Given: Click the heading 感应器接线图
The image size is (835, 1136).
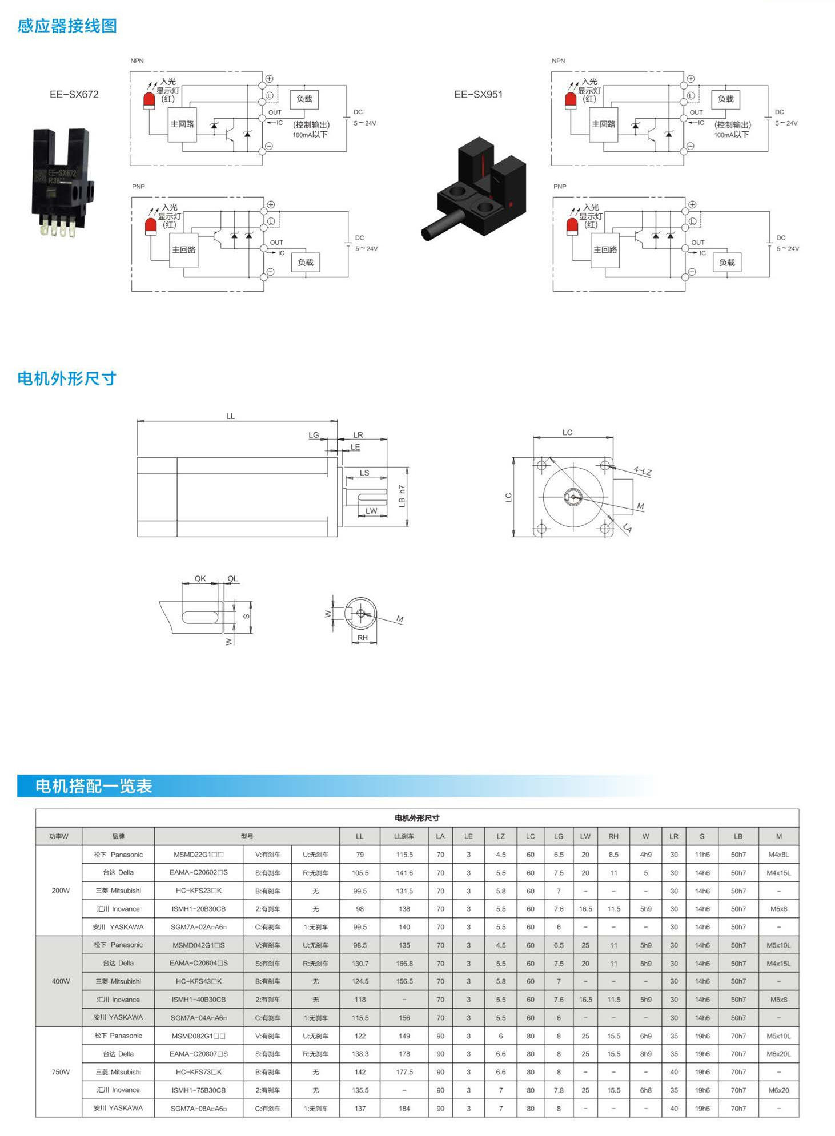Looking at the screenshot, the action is point(67,26).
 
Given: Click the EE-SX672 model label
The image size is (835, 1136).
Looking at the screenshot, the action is point(74,95).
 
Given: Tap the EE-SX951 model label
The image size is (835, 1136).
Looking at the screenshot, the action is point(478,95).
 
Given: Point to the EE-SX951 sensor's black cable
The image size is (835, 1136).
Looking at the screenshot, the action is point(442,225).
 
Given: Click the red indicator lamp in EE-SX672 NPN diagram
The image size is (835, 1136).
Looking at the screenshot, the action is point(149,100).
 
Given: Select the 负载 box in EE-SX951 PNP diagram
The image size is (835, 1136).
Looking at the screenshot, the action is point(726,263).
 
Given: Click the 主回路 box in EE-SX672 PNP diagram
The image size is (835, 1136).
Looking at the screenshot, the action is point(184,250).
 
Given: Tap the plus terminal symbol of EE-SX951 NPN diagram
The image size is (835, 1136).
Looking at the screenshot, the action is point(691,79).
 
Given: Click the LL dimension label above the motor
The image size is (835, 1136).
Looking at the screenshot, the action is point(230,416).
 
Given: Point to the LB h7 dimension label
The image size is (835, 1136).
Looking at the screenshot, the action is point(402,496).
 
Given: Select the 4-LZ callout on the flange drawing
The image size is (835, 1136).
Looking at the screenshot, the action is point(643,471).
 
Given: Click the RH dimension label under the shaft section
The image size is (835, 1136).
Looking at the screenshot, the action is point(363,638).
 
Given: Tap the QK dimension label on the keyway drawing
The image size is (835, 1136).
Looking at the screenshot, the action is point(200,578).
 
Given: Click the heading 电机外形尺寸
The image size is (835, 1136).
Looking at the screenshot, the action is point(67,378).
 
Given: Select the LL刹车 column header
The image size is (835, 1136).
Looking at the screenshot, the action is point(404,836).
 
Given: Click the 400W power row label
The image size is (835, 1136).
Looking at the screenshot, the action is point(61,981).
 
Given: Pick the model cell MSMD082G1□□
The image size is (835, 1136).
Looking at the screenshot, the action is point(199,1036).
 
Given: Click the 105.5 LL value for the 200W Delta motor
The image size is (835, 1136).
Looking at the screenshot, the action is point(360,873).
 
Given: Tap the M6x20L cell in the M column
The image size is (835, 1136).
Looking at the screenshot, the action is point(778,1054).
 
